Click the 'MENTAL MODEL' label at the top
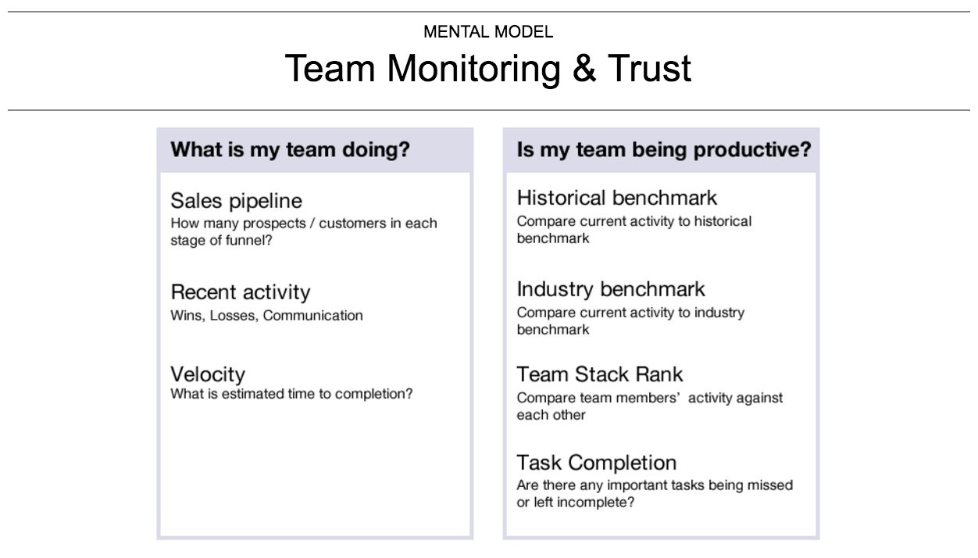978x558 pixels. point(488,32)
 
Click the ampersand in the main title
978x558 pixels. point(584,68)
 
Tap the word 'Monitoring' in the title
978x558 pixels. point(473,69)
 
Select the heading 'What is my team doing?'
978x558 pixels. point(290,150)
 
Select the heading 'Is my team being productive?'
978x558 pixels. point(664,150)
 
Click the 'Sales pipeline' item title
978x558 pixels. point(236,202)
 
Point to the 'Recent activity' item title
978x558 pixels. point(240,292)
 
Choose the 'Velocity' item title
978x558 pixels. point(208,374)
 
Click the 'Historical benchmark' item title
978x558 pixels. point(616,198)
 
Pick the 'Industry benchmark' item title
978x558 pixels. point(611,289)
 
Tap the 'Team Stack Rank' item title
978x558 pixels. point(599,374)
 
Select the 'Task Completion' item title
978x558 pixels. point(596,463)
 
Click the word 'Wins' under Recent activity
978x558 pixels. point(187,316)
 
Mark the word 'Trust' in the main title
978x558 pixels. point(650,68)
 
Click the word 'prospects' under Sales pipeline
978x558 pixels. point(274,224)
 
